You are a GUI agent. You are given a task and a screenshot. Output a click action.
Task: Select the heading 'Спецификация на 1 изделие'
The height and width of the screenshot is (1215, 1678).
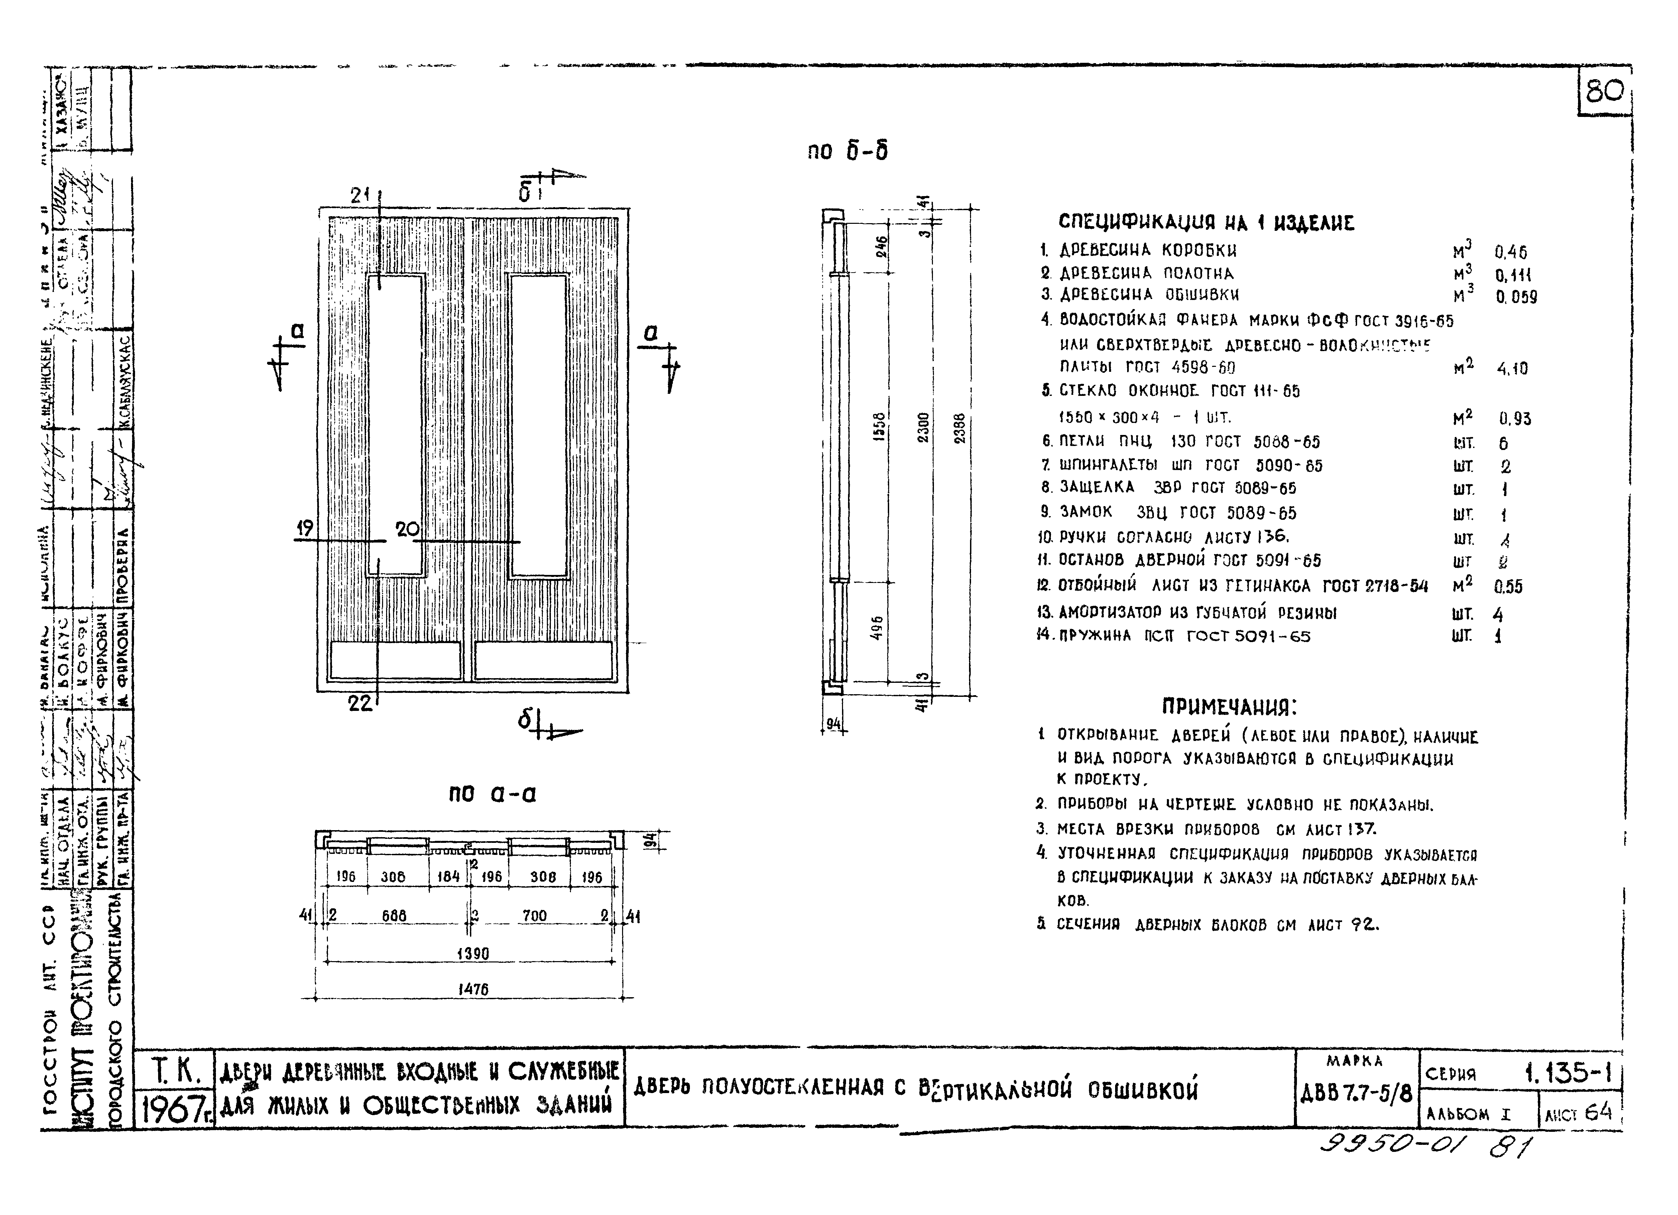click(x=1206, y=222)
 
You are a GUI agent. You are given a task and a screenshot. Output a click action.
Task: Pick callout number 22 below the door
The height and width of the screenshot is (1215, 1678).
click(x=360, y=703)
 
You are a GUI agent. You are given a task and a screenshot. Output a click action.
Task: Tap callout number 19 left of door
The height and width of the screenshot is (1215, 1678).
click(x=304, y=528)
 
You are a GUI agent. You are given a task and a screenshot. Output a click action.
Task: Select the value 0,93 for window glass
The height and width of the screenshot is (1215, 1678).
click(x=1515, y=419)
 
